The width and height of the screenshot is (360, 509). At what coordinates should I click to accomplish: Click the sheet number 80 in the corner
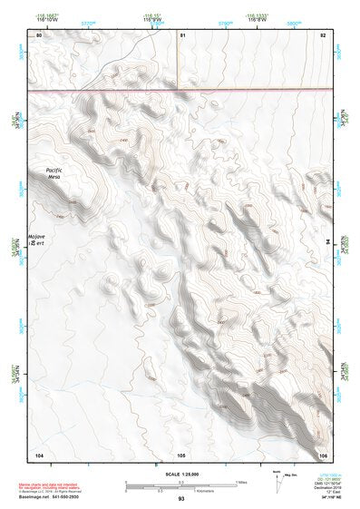pos(39,34)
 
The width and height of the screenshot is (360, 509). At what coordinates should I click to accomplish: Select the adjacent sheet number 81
pos(182,34)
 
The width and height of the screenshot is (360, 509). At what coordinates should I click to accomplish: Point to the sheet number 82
pos(322,34)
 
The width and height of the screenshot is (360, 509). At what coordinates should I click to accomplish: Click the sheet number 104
pos(39,453)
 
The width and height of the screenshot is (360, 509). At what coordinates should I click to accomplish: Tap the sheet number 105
pos(181,453)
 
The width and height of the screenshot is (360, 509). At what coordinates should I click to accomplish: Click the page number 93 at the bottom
pos(181,498)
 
